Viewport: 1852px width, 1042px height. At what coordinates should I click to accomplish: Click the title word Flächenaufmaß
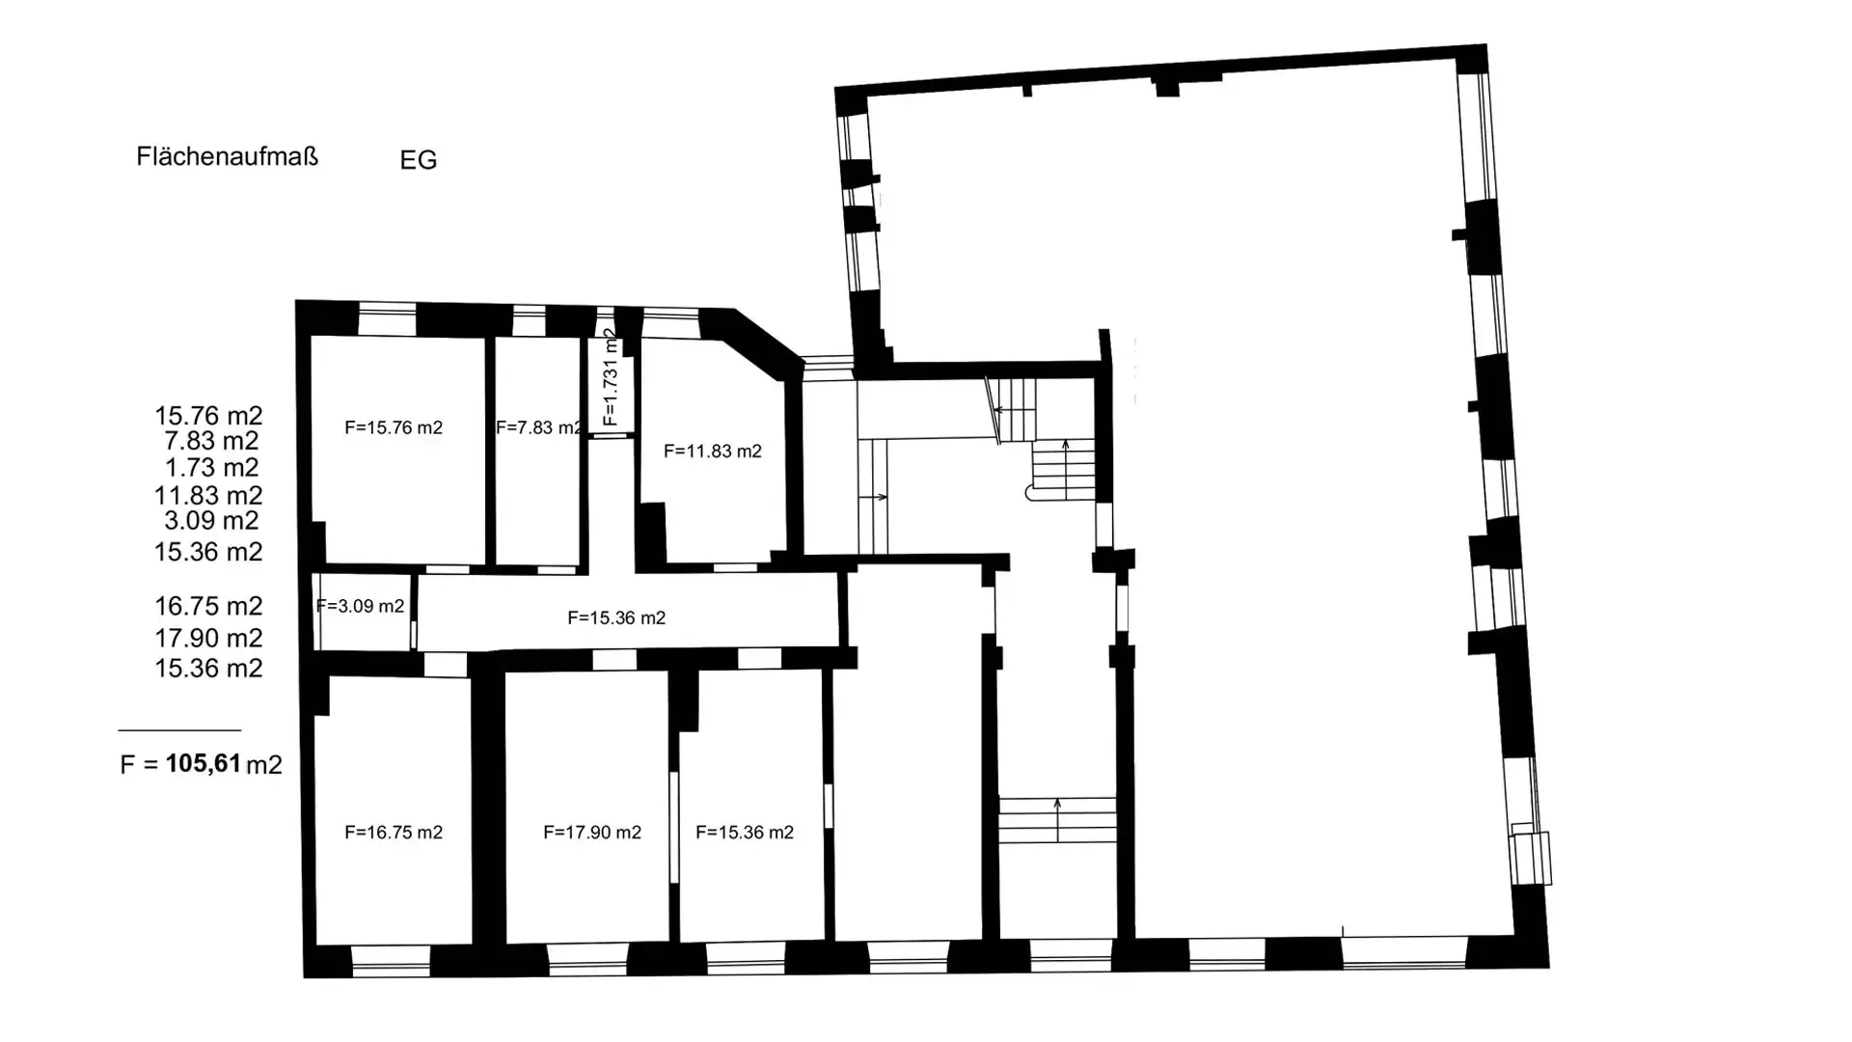coord(227,156)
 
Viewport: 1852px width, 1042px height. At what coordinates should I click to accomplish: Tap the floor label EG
coord(419,160)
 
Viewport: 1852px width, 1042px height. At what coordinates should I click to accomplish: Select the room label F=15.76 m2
coord(394,427)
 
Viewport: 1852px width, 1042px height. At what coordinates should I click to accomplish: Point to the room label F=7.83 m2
coord(539,427)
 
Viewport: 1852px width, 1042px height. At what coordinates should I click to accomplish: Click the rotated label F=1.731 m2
coord(610,378)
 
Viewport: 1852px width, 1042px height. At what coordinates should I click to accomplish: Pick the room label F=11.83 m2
coord(713,451)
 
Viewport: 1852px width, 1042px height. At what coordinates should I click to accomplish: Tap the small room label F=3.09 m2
coord(360,606)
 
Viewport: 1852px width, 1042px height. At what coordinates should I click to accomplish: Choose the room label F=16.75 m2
coord(394,832)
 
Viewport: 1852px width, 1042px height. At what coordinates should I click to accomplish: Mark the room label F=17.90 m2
coord(592,832)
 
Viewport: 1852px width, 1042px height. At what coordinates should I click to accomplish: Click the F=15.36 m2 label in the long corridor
coord(616,617)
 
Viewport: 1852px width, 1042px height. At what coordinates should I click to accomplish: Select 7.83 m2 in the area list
coord(211,441)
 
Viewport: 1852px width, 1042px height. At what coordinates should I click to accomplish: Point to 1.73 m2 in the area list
coord(211,468)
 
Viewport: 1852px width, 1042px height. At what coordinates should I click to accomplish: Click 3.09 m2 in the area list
coord(211,521)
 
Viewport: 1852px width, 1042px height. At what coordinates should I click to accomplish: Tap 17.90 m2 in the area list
coord(208,639)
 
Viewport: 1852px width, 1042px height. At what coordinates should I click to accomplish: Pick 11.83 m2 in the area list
coord(208,496)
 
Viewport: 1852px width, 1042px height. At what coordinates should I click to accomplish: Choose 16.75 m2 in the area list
coord(208,606)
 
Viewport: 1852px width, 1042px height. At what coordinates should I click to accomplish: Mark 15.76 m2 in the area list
coord(208,416)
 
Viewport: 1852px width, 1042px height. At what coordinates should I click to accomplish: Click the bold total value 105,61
coord(204,763)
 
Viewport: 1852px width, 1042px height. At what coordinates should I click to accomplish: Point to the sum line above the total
coord(179,730)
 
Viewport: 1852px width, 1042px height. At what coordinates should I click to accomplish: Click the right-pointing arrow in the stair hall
coord(873,497)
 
